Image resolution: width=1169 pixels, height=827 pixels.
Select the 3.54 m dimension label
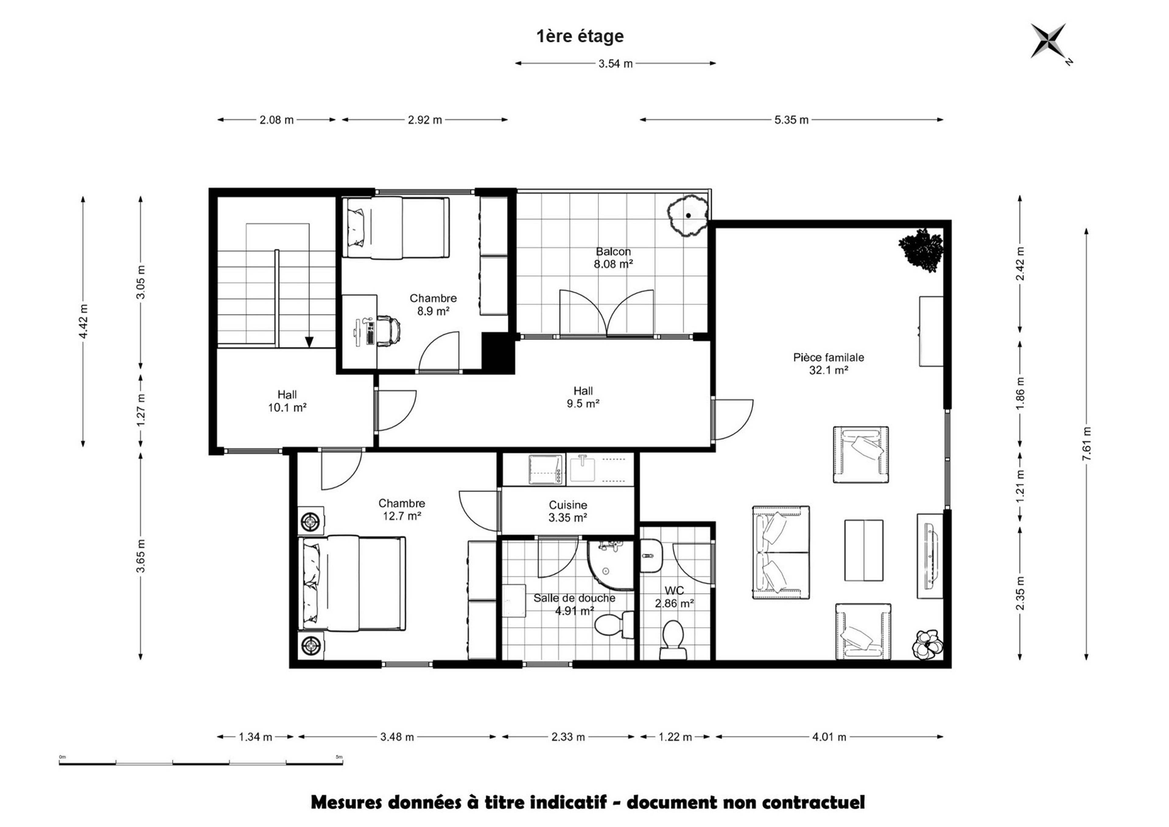[615, 64]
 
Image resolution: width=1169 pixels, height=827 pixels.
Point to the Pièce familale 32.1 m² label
[828, 364]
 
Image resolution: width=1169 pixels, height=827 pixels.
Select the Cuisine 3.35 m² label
[568, 511]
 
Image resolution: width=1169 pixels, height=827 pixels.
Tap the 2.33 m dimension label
[568, 737]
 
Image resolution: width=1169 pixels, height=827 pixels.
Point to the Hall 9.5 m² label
[583, 397]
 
